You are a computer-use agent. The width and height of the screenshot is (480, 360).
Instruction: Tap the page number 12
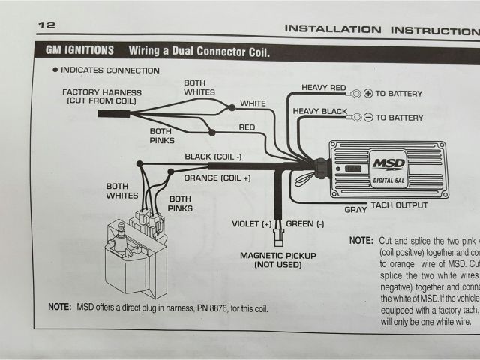46,25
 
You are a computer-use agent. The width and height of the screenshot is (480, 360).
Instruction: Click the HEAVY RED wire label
323,88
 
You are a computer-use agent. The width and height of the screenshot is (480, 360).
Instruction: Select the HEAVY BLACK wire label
319,112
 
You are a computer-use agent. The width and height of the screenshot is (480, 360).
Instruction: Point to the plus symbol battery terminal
367,94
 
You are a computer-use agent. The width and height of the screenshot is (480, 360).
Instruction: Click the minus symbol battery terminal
367,118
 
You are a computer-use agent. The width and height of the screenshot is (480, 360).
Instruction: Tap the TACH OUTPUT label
400,205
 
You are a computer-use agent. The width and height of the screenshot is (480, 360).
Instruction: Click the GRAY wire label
355,210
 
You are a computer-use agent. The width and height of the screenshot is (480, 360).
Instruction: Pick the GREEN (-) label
305,223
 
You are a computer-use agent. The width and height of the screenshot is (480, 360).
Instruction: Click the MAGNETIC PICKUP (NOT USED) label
277,259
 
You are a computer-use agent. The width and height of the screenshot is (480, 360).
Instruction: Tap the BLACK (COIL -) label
213,157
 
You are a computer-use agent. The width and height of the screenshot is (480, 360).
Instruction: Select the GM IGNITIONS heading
78,52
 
